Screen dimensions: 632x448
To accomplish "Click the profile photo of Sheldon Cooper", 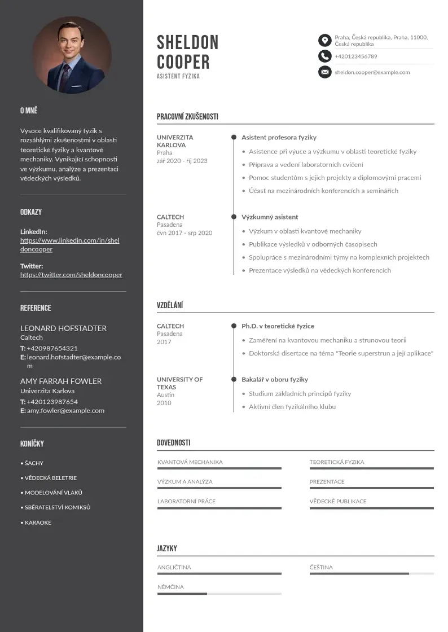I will click(x=72, y=55).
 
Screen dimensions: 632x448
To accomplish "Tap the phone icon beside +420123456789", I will click(x=324, y=56).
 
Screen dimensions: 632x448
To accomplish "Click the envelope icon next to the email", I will click(x=324, y=72).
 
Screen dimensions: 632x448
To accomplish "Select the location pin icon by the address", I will click(x=324, y=40).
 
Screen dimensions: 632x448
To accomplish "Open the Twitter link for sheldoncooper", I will click(x=71, y=275).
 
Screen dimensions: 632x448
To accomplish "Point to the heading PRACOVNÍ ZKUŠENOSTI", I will click(x=187, y=117).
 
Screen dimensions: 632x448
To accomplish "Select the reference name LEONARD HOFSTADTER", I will click(x=63, y=328).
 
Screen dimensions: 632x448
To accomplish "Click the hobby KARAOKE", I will click(x=38, y=523).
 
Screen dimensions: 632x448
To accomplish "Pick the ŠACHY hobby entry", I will click(x=34, y=463).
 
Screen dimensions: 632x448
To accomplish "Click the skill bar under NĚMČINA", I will click(x=219, y=594).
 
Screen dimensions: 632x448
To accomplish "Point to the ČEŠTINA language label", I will click(x=321, y=567).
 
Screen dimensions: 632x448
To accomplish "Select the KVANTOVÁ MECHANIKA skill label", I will click(x=190, y=462).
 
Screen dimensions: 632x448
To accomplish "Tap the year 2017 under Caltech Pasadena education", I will click(x=164, y=342).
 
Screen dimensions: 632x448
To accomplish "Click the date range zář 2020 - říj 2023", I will click(x=182, y=161).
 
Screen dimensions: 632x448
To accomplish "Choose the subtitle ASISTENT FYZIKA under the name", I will click(x=178, y=76).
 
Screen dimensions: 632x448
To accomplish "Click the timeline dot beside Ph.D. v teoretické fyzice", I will click(x=234, y=326).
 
